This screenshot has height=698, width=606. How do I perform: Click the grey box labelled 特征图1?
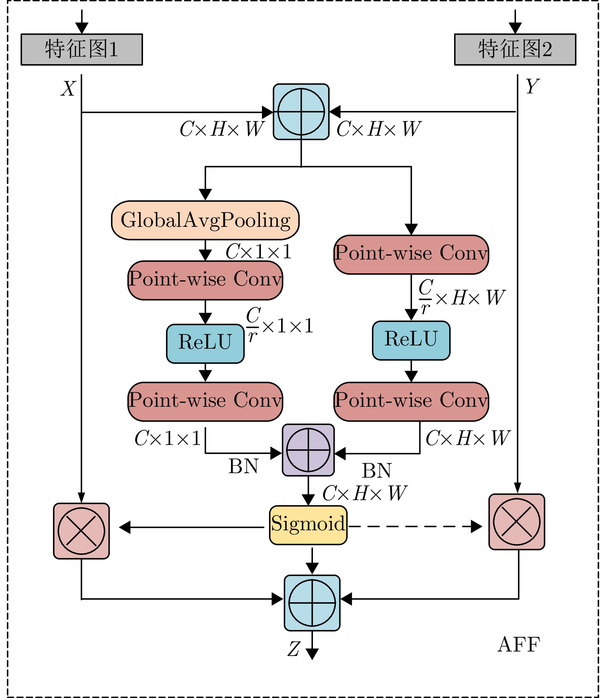(x=81, y=49)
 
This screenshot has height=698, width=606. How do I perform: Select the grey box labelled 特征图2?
(x=515, y=49)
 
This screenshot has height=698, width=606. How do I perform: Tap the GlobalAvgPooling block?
(x=205, y=220)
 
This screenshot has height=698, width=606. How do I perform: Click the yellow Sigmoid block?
(x=308, y=525)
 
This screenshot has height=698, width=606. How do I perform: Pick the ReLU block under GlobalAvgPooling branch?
(x=205, y=344)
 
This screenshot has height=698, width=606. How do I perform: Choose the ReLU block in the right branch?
(x=411, y=340)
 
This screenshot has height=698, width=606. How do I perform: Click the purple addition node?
(x=308, y=450)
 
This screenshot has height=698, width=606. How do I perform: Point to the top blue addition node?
(x=301, y=112)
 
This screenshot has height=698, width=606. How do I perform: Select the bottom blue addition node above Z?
(x=312, y=603)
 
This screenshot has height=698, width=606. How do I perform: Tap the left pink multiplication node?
(x=81, y=531)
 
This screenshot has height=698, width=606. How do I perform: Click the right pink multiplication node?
(x=517, y=522)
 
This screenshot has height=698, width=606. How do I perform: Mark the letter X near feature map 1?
(x=68, y=89)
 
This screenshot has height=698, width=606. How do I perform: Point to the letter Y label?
(x=532, y=87)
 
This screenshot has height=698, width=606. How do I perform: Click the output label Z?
(x=293, y=649)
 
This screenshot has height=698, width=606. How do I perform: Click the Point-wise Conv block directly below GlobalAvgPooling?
(x=205, y=280)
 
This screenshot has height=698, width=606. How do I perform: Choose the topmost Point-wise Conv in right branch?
(x=411, y=254)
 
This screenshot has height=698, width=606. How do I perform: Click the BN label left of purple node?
(x=243, y=466)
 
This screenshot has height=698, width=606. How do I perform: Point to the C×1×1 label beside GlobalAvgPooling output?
(x=258, y=252)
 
